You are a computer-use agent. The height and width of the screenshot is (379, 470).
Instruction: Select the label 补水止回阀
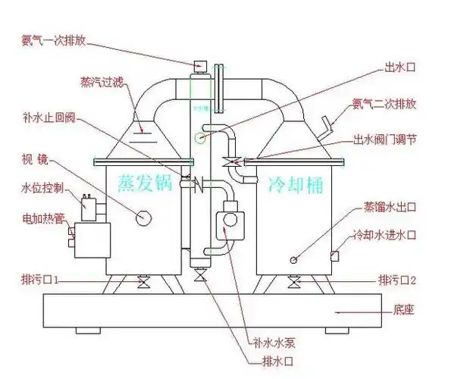click(x=46, y=118)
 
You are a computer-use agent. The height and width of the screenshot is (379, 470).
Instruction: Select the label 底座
click(x=403, y=310)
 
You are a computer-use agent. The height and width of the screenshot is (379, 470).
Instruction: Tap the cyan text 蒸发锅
click(x=146, y=183)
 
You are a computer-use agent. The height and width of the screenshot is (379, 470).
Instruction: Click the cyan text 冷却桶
click(x=296, y=183)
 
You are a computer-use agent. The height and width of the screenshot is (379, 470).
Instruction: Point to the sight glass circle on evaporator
click(x=142, y=218)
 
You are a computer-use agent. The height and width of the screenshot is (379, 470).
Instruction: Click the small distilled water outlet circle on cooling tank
click(x=293, y=259)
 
